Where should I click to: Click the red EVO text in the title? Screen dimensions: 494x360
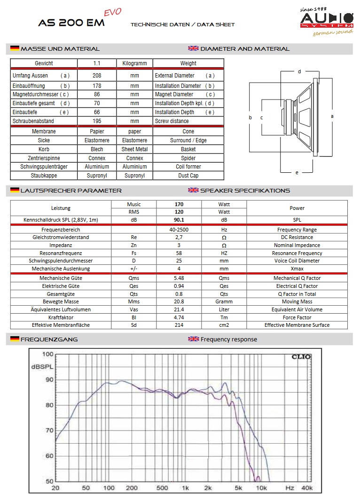point(112,13)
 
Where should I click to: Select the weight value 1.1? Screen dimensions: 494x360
point(97,63)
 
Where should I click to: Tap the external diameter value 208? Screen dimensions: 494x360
point(97,75)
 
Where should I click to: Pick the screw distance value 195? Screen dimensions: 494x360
point(97,121)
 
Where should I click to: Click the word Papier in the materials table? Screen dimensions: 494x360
point(97,131)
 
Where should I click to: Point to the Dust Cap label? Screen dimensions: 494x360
point(188,176)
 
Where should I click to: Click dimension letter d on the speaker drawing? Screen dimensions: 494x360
point(299,71)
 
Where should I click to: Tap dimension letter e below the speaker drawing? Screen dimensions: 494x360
point(297,173)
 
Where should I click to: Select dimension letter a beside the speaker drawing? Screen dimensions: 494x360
point(332,116)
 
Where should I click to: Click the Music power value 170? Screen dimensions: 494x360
point(179,204)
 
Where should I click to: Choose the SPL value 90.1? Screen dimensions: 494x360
point(179,219)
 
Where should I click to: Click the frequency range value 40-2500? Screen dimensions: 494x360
point(179,230)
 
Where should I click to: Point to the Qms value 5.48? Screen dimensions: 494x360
point(179,278)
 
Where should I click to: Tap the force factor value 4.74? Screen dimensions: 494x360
point(179,317)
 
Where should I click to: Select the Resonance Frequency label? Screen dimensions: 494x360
point(297,253)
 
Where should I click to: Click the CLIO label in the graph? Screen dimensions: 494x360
point(301,356)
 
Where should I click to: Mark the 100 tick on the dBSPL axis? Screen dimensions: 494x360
point(47,354)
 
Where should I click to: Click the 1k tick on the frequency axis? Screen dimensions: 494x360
point(186,488)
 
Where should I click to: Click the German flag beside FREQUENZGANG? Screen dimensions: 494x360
point(15,339)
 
